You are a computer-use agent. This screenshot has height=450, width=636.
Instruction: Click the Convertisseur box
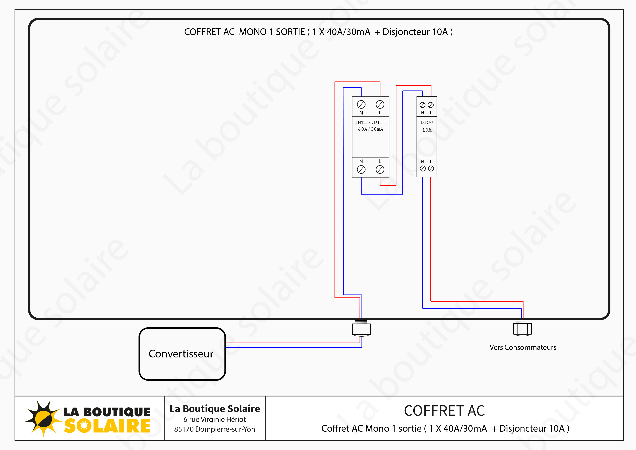(x=182, y=354)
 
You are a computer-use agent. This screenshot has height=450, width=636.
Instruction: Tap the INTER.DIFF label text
(x=371, y=122)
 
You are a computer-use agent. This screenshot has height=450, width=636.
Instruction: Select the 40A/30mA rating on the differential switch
(x=371, y=129)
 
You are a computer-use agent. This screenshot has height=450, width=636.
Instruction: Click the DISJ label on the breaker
(x=427, y=122)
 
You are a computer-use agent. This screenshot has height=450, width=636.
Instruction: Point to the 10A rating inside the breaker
(x=427, y=130)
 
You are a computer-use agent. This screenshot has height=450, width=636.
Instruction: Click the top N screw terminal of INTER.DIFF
(x=361, y=105)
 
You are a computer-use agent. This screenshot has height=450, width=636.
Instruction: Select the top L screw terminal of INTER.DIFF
(x=380, y=105)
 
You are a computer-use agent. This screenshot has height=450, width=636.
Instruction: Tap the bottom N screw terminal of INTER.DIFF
(x=361, y=169)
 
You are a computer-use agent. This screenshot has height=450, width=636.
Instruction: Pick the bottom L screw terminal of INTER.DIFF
(x=380, y=169)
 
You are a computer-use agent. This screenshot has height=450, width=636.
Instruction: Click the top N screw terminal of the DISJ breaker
(x=422, y=105)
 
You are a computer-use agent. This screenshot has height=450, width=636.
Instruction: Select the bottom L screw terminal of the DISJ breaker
(x=431, y=169)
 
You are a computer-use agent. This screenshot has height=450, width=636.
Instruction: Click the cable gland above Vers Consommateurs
(x=523, y=328)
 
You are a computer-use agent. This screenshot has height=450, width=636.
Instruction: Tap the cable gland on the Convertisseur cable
(x=361, y=328)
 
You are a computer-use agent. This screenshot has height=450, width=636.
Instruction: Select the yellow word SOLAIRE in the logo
(x=107, y=426)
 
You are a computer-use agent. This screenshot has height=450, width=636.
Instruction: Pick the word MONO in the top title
(x=253, y=32)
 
